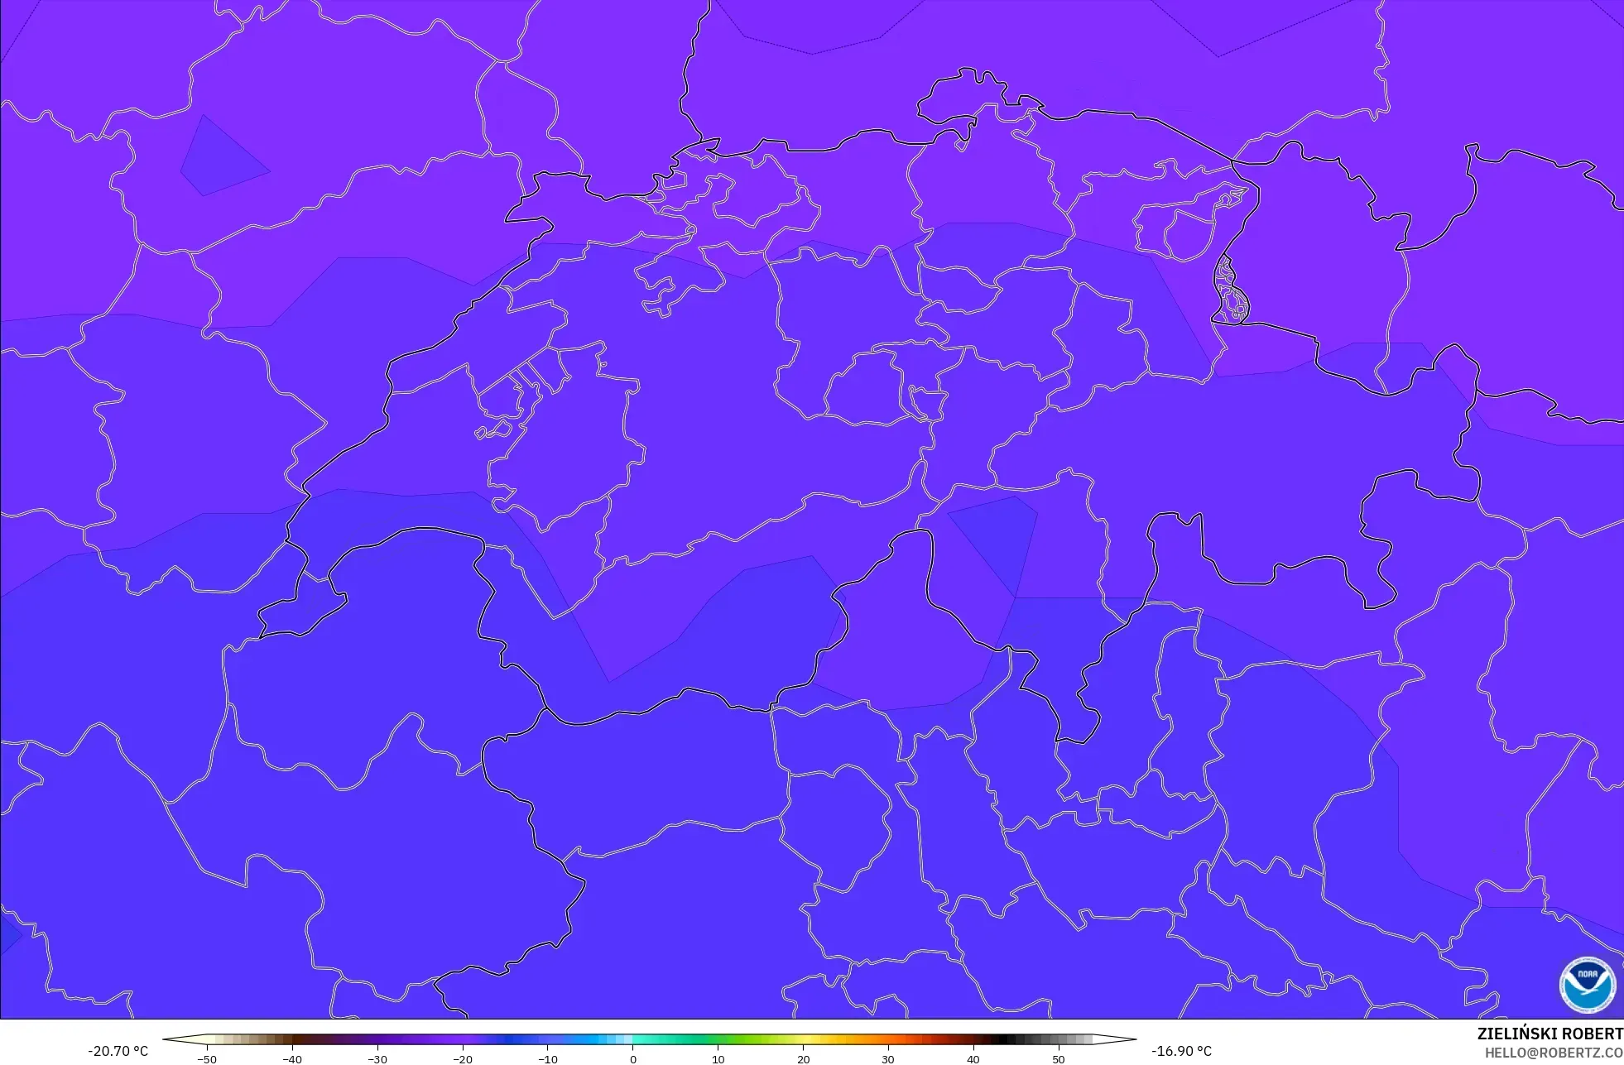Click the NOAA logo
[x=1587, y=984]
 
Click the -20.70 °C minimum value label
[x=118, y=1051]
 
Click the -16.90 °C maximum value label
[x=1181, y=1051]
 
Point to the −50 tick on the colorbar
[x=207, y=1059]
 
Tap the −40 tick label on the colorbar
[x=292, y=1059]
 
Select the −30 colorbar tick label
[x=377, y=1059]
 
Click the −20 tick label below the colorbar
[x=463, y=1059]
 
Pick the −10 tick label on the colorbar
[x=548, y=1059]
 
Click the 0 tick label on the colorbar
[x=633, y=1059]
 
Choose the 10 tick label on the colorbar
[x=718, y=1059]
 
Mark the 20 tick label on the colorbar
[x=804, y=1059]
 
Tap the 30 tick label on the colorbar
[x=888, y=1059]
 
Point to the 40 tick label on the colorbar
[x=973, y=1059]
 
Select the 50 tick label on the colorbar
[x=1059, y=1059]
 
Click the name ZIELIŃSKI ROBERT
[x=1550, y=1034]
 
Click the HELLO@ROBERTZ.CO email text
[x=1553, y=1053]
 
